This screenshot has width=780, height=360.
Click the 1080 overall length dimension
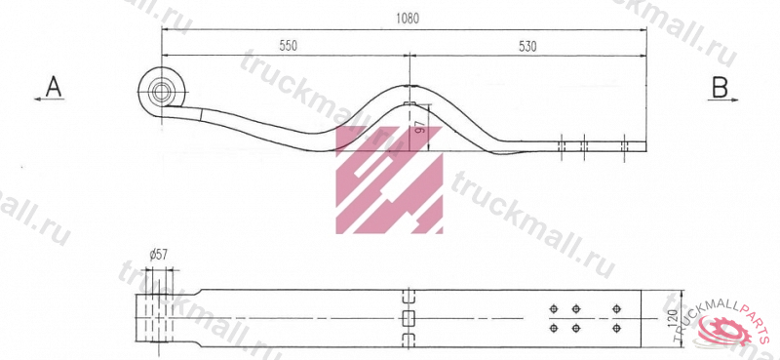(408, 19)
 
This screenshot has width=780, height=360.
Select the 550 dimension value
(288, 46)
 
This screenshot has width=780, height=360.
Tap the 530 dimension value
(527, 46)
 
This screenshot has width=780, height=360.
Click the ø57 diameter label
(158, 255)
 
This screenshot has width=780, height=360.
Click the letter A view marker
(54, 87)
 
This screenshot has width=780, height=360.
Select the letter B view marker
(720, 87)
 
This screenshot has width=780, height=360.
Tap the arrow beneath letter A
(49, 100)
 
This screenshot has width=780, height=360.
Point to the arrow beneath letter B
(722, 100)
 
